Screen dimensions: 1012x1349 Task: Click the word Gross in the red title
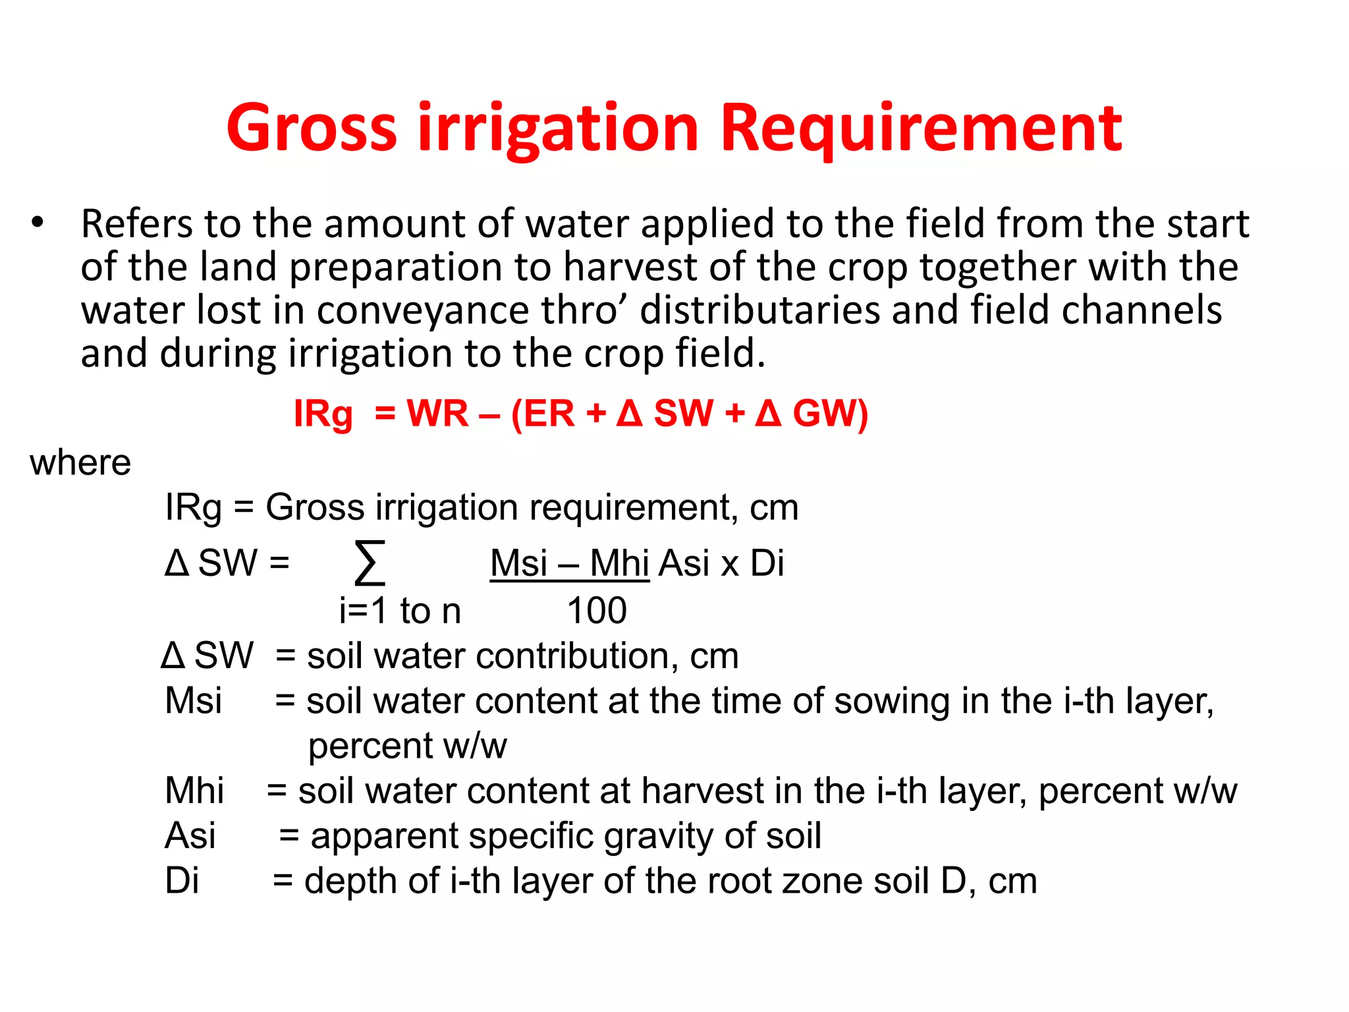(312, 128)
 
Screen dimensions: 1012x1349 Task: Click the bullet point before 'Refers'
(38, 223)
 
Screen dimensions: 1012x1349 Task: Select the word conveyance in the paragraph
(422, 310)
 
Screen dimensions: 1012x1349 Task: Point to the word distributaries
(759, 310)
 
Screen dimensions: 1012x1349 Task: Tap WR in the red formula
(437, 414)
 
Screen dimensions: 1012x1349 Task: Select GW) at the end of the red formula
(830, 414)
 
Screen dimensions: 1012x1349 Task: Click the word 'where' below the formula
(80, 463)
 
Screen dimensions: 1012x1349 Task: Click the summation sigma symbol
(370, 563)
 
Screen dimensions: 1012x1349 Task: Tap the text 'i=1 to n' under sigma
(400, 611)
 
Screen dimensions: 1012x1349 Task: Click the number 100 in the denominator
(597, 611)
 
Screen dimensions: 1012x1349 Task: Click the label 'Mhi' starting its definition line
(194, 791)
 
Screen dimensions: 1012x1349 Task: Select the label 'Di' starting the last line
(182, 881)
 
